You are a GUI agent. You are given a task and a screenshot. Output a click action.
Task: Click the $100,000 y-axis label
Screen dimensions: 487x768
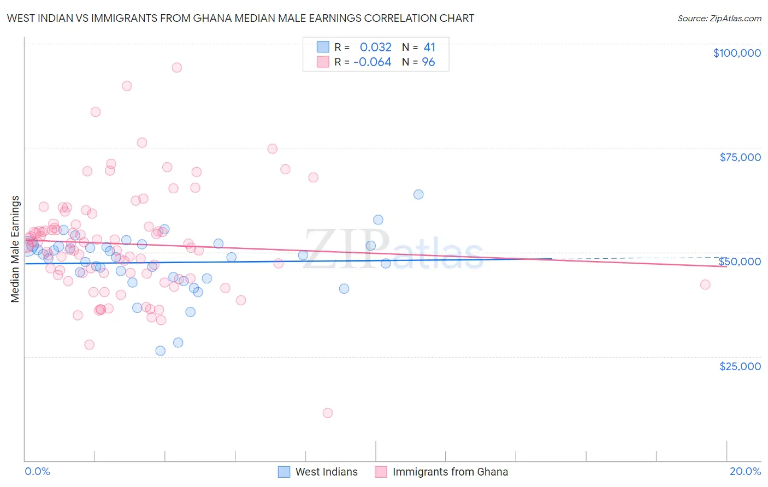[x=737, y=53]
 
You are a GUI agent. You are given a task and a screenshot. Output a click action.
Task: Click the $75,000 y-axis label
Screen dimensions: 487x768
[x=740, y=157]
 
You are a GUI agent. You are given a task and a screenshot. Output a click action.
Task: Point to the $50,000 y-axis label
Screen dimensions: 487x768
[x=740, y=262]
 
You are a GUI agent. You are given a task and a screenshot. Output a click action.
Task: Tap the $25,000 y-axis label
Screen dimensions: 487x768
[x=740, y=366]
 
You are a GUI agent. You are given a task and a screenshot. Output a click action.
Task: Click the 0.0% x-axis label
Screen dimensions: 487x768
[x=37, y=471]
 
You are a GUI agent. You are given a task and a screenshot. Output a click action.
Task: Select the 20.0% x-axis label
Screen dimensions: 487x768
[x=745, y=471]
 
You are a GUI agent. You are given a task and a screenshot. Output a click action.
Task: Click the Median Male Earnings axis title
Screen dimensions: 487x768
[x=15, y=249]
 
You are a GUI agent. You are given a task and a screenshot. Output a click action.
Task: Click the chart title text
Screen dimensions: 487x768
[x=240, y=18]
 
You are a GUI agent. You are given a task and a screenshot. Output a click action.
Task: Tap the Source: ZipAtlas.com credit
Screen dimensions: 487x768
[x=719, y=19]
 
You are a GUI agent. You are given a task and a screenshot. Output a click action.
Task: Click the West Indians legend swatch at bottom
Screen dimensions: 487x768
[x=284, y=472]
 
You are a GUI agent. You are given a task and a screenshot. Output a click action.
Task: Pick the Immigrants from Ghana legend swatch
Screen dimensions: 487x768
[x=381, y=472]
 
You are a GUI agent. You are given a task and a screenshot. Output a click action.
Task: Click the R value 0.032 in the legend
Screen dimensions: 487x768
[x=375, y=47]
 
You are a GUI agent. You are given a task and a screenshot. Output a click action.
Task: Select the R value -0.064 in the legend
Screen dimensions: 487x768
[x=373, y=62]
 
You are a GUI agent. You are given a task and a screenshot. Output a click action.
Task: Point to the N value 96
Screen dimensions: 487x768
[x=428, y=62]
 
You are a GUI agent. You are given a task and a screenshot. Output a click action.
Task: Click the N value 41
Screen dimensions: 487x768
[x=429, y=47]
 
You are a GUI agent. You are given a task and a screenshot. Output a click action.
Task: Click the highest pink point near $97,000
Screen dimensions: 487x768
[x=176, y=68]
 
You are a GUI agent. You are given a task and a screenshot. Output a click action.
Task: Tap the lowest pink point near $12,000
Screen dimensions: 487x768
[x=328, y=413]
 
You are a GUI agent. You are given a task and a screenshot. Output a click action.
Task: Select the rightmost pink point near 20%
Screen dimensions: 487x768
[x=705, y=284]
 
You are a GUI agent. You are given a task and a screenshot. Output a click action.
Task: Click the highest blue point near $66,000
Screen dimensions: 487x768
[x=418, y=194]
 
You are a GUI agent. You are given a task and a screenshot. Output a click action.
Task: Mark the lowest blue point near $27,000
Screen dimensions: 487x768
[x=161, y=351]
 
